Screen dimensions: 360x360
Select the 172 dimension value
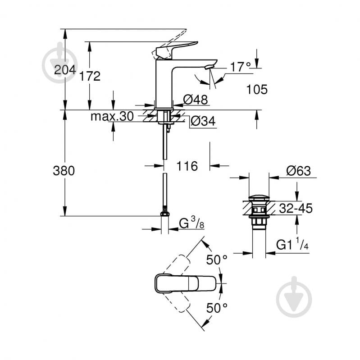pyautogui.click(x=90, y=76)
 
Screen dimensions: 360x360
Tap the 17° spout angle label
pyautogui.click(x=240, y=67)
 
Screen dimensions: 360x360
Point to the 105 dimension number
pyautogui.click(x=257, y=89)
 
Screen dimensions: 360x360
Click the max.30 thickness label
pyautogui.click(x=112, y=117)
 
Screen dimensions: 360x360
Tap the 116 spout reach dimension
pyautogui.click(x=187, y=166)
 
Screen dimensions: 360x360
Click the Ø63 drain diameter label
pyautogui.click(x=298, y=171)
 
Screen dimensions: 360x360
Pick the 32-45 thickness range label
pyautogui.click(x=296, y=208)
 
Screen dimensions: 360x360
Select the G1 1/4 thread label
pyautogui.click(x=292, y=246)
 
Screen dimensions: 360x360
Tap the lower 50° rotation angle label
pyautogui.click(x=216, y=308)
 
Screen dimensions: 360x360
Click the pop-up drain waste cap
pyautogui.click(x=259, y=198)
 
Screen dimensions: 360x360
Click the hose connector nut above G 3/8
pyautogui.click(x=165, y=212)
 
